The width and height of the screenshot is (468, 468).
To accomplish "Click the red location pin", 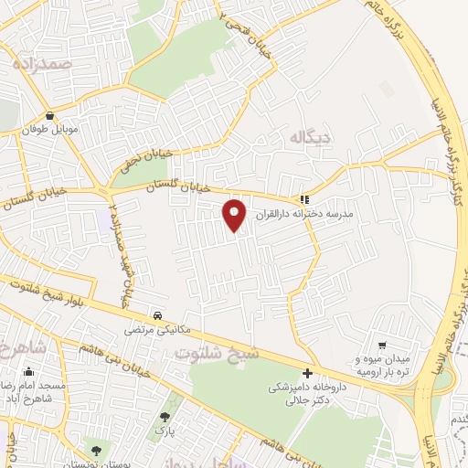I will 236,215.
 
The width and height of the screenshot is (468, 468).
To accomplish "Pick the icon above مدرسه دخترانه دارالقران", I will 304,198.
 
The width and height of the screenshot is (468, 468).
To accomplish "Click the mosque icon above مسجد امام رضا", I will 30,371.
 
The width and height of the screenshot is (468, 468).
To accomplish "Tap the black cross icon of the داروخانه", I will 307,373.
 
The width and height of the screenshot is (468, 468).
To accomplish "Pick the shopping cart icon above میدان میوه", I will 383,346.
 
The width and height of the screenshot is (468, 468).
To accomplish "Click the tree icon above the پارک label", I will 164,413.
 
